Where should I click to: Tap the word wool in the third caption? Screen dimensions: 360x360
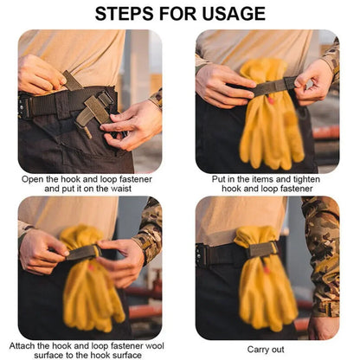click(155, 345)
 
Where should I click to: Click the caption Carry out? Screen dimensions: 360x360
click(266, 350)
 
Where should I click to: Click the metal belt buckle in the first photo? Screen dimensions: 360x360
click(23, 106)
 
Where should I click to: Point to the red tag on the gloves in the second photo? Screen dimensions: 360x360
click(270, 100)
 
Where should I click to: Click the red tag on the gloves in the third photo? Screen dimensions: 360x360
click(91, 267)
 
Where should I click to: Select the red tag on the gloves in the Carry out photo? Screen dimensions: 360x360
click(266, 270)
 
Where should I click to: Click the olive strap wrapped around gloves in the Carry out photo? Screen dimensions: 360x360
click(262, 249)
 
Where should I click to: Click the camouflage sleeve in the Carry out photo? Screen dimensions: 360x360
click(322, 254)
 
